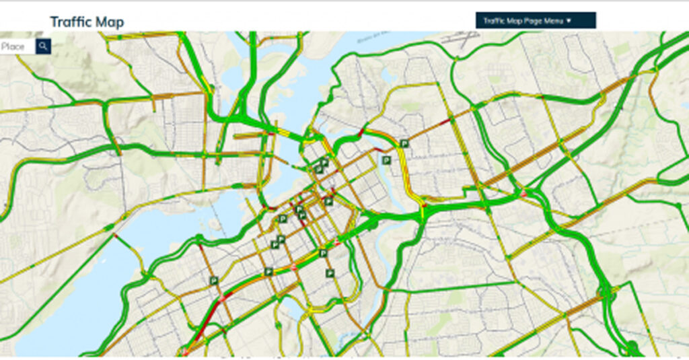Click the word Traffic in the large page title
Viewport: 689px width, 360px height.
(71, 22)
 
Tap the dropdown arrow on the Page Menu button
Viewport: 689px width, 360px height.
(569, 21)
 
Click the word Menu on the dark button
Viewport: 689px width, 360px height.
(554, 21)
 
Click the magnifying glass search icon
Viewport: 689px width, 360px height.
(43, 46)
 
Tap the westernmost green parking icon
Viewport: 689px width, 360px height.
(213, 281)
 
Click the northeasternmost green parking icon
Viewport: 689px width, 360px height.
(404, 143)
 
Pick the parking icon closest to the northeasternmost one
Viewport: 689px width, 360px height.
(386, 160)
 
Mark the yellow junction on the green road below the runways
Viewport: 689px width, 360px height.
(456, 59)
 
